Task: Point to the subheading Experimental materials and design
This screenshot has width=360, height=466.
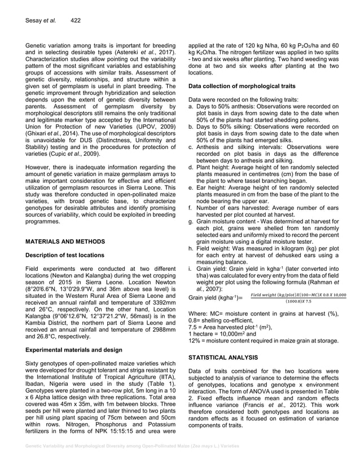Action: (74, 350)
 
